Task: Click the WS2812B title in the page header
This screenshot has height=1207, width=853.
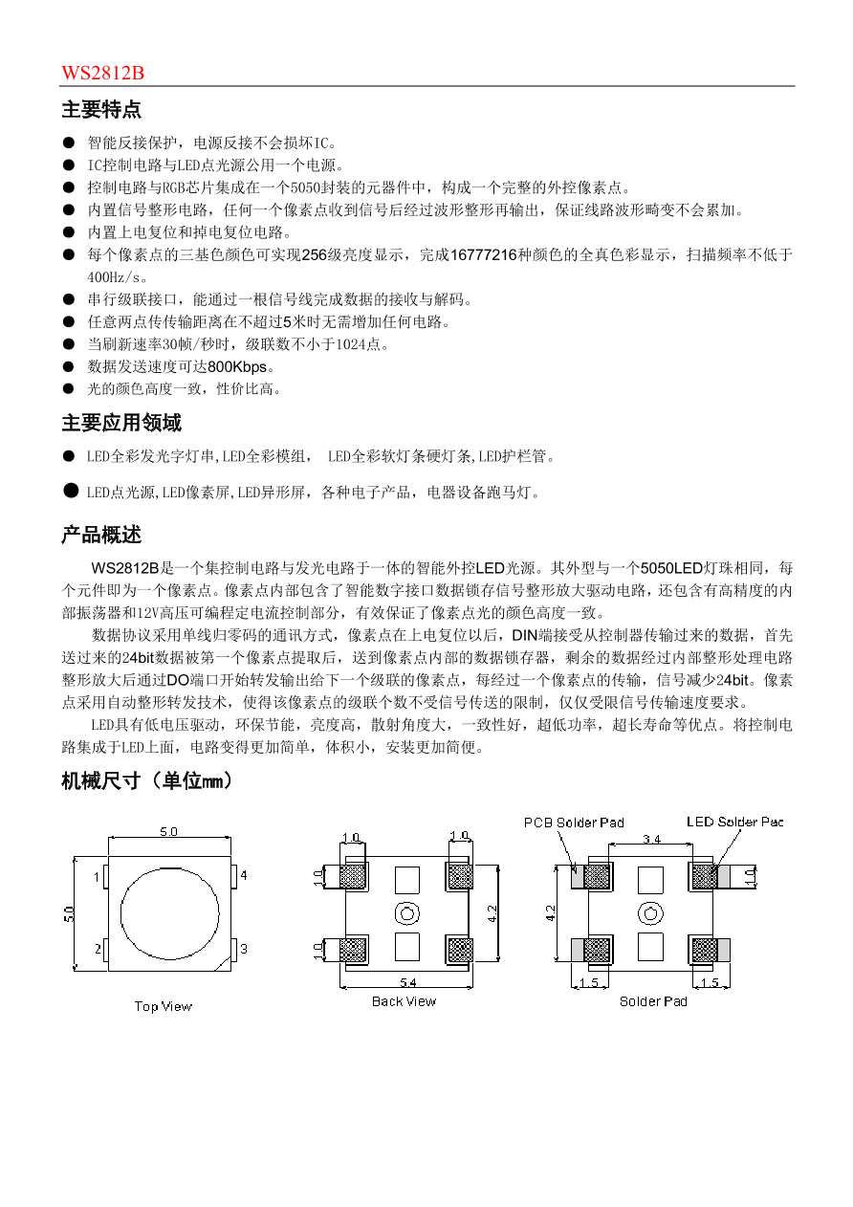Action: click(103, 74)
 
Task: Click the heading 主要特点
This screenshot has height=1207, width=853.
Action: click(101, 110)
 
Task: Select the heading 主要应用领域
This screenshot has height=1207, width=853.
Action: click(121, 423)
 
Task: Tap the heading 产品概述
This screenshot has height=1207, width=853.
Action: click(101, 535)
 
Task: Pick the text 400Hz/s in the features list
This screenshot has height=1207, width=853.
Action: click(113, 277)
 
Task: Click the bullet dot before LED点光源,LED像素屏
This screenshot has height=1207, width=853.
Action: click(70, 491)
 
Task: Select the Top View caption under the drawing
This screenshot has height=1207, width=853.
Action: click(163, 1006)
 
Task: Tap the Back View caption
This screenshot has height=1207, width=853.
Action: click(404, 1001)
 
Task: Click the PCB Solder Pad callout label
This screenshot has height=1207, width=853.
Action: click(574, 823)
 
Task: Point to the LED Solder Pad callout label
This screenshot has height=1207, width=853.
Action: click(735, 823)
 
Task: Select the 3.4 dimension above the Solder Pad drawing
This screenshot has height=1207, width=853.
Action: click(651, 839)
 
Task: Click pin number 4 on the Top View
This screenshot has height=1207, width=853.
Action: click(244, 875)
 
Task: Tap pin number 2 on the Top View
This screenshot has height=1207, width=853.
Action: click(98, 949)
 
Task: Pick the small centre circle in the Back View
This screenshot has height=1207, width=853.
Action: click(406, 912)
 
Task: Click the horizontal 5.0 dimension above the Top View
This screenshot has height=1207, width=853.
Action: click(167, 831)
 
